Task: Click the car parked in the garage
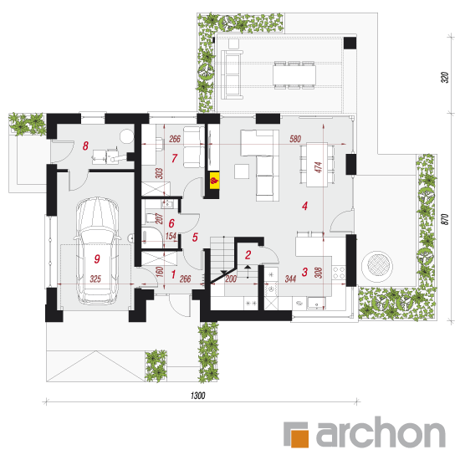coord(97,251)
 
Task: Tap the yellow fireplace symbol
coord(214,180)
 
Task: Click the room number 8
coord(85,146)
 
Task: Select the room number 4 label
coord(304,206)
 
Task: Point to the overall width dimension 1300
coord(198,396)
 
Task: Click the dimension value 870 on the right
coord(445,219)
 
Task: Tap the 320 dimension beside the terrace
coord(445,77)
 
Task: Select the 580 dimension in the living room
coord(295,139)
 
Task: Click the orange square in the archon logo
coord(299,438)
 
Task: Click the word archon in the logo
coord(381,432)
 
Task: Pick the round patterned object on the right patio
coord(377,267)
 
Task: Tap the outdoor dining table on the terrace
coord(294,74)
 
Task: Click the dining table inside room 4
coord(317,165)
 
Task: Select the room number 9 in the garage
coord(97,259)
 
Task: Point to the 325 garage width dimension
coord(95,279)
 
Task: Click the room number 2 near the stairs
coord(248,255)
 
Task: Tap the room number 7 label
coord(174,158)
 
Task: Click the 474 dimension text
coord(319,167)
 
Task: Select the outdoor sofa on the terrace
coord(232,74)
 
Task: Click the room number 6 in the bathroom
coord(171,223)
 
